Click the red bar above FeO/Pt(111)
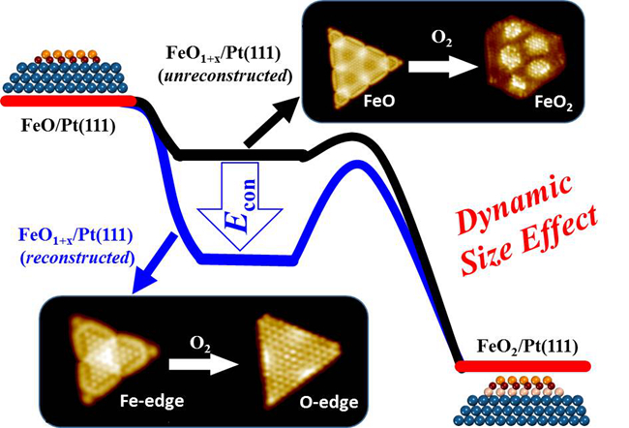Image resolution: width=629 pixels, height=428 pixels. pyautogui.click(x=68, y=101)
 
